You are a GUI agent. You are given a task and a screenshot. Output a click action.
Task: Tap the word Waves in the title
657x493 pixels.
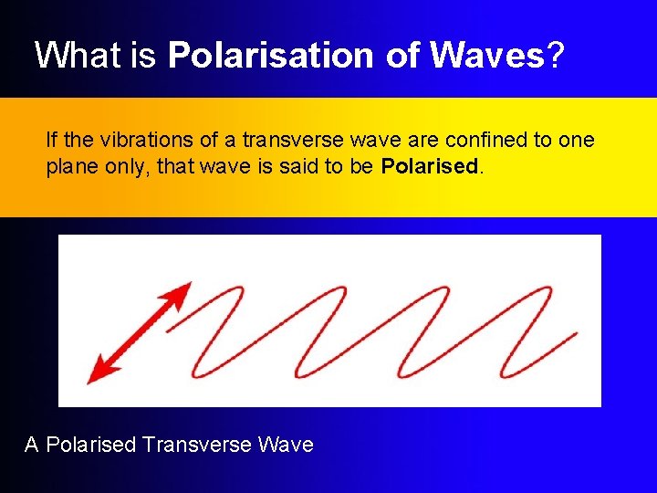(487, 56)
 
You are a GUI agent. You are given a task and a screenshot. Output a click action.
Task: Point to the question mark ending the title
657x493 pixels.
(555, 56)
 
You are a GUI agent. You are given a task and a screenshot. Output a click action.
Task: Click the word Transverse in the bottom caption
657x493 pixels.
(196, 445)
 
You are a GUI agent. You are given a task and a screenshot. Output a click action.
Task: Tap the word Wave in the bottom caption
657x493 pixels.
(287, 445)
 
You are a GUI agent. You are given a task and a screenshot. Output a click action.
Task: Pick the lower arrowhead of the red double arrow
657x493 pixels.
(97, 372)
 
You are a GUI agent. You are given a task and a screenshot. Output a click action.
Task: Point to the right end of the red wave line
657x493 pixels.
(575, 334)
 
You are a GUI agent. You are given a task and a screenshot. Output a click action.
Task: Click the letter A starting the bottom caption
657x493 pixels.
(32, 445)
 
